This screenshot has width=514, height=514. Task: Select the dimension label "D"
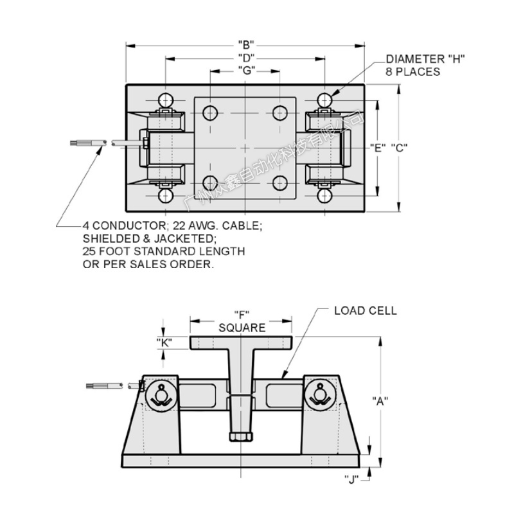tap(245, 58)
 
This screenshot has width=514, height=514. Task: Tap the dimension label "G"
tap(245, 69)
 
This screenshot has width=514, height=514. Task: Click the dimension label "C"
tap(399, 147)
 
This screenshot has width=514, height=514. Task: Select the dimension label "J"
tap(351, 478)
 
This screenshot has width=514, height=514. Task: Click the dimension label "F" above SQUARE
tap(242, 315)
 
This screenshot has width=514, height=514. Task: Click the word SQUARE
tap(242, 328)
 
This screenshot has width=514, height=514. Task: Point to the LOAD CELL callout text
tap(366, 311)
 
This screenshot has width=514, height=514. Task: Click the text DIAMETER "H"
tap(425, 60)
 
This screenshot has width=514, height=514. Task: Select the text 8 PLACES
tap(413, 71)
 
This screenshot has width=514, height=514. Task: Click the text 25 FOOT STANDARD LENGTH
tap(164, 251)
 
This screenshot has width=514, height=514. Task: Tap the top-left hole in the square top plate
tap(210, 113)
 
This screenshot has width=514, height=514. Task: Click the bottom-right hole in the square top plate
tap(279, 182)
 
